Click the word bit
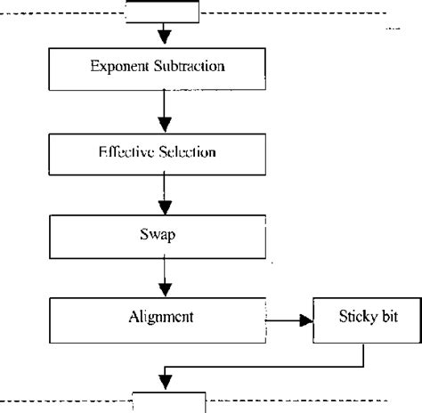point(385,316)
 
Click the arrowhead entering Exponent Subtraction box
point(164,38)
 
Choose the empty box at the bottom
point(168,401)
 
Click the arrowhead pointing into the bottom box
point(164,379)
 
